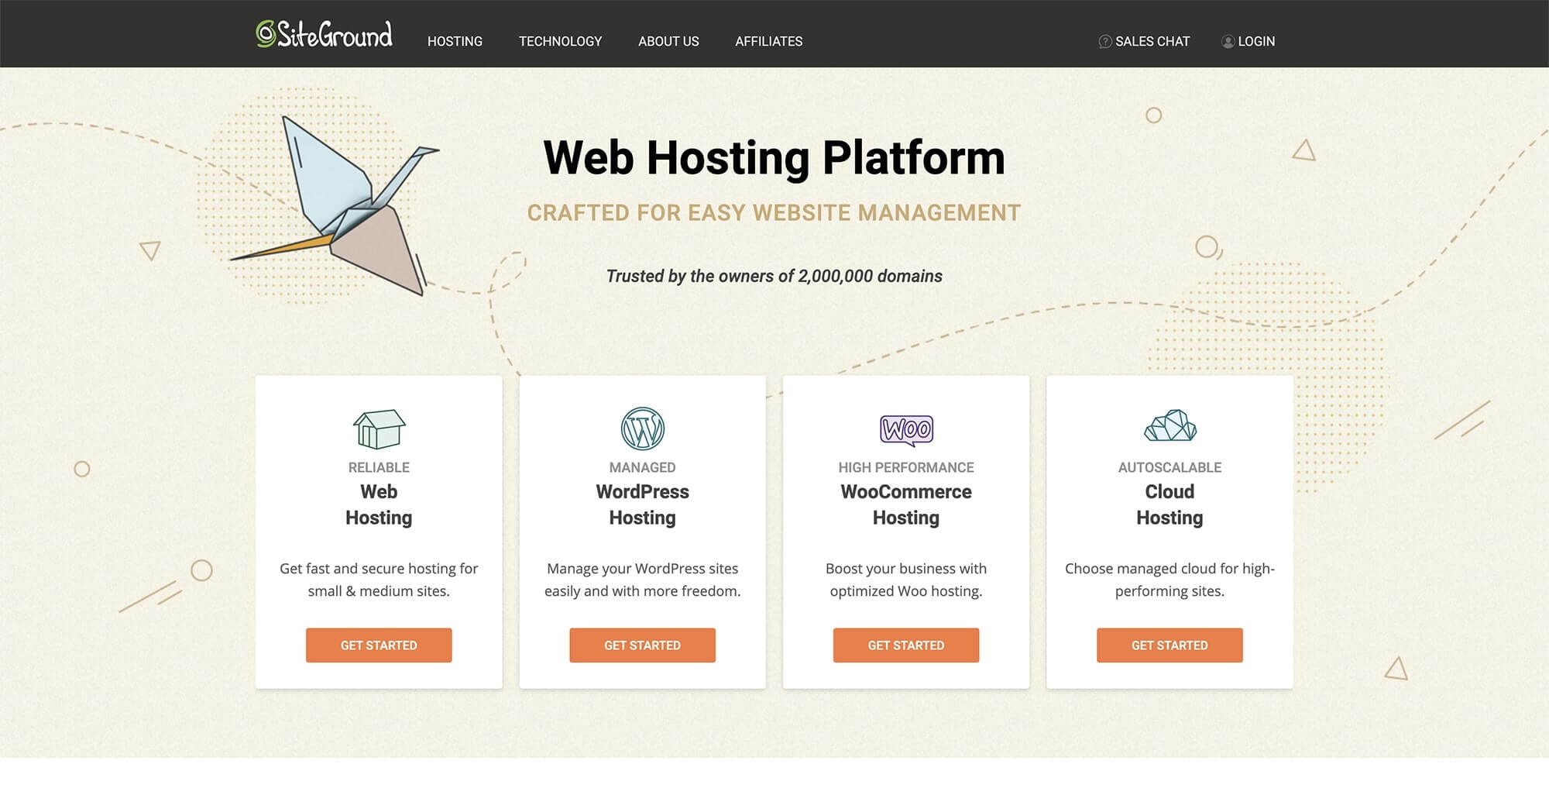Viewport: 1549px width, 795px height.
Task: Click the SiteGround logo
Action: pyautogui.click(x=325, y=34)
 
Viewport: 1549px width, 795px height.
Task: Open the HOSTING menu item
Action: pyautogui.click(x=455, y=41)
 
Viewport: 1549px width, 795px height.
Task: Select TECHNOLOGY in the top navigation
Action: pyautogui.click(x=560, y=41)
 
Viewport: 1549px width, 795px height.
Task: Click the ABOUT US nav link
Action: pyautogui.click(x=668, y=41)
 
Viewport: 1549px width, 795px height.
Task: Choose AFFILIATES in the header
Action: pyautogui.click(x=768, y=41)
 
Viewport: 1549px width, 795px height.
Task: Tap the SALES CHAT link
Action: pyautogui.click(x=1144, y=41)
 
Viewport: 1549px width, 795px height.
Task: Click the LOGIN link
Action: pyautogui.click(x=1248, y=41)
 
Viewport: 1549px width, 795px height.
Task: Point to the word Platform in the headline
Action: pyautogui.click(x=913, y=159)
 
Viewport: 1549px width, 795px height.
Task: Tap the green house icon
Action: pyautogui.click(x=379, y=428)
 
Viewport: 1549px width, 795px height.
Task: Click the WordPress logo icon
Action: pyautogui.click(x=642, y=428)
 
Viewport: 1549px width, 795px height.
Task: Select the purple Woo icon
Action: pyautogui.click(x=906, y=429)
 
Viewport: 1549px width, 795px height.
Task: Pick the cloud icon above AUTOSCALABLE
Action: pyautogui.click(x=1169, y=425)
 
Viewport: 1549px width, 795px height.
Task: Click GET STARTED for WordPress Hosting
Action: pyautogui.click(x=642, y=645)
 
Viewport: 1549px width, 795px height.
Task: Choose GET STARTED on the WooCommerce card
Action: pyautogui.click(x=906, y=645)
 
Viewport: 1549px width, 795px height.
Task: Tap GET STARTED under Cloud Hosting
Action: pyautogui.click(x=1169, y=645)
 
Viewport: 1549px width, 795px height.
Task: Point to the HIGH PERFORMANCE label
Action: pyautogui.click(x=906, y=467)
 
